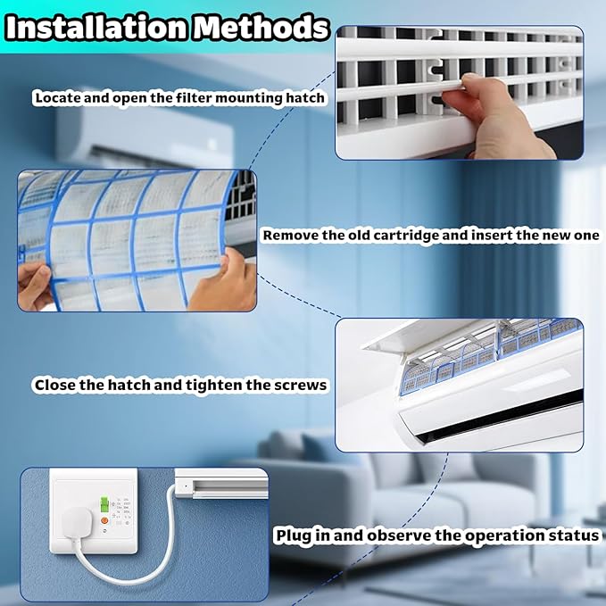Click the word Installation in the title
coord(96,28)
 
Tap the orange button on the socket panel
coord(104,520)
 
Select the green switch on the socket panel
coord(104,504)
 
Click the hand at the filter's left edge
coord(34,286)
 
